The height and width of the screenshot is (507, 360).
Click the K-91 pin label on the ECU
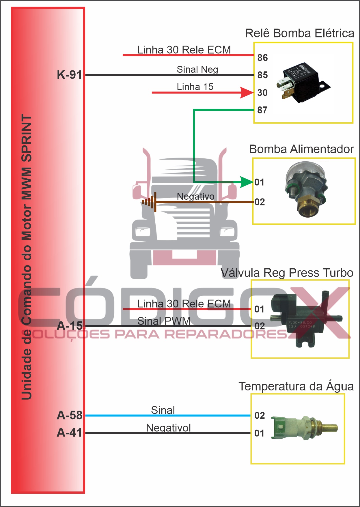pyautogui.click(x=69, y=75)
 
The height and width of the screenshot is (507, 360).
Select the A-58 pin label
pyautogui.click(x=70, y=415)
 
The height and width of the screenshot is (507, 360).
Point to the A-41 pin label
pyautogui.click(x=70, y=433)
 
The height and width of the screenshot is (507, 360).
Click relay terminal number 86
pyautogui.click(x=262, y=58)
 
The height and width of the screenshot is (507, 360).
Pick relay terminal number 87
pyautogui.click(x=262, y=110)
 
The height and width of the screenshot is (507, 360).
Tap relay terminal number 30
pyautogui.click(x=262, y=93)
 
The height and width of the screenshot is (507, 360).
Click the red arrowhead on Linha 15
pyautogui.click(x=247, y=93)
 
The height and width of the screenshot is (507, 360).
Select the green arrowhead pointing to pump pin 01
pyautogui.click(x=247, y=182)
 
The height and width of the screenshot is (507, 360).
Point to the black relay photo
pyautogui.click(x=303, y=82)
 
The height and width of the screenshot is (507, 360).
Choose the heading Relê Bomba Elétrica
pyautogui.click(x=299, y=33)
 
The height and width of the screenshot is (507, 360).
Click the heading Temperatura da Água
pyautogui.click(x=296, y=386)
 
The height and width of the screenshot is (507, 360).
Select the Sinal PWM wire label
pyautogui.click(x=164, y=321)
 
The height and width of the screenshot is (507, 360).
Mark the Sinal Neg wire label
pyautogui.click(x=197, y=70)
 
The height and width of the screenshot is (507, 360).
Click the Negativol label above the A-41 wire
pyautogui.click(x=168, y=428)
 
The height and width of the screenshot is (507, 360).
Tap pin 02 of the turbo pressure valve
pyautogui.click(x=260, y=326)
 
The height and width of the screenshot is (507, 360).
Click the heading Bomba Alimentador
pyautogui.click(x=301, y=149)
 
